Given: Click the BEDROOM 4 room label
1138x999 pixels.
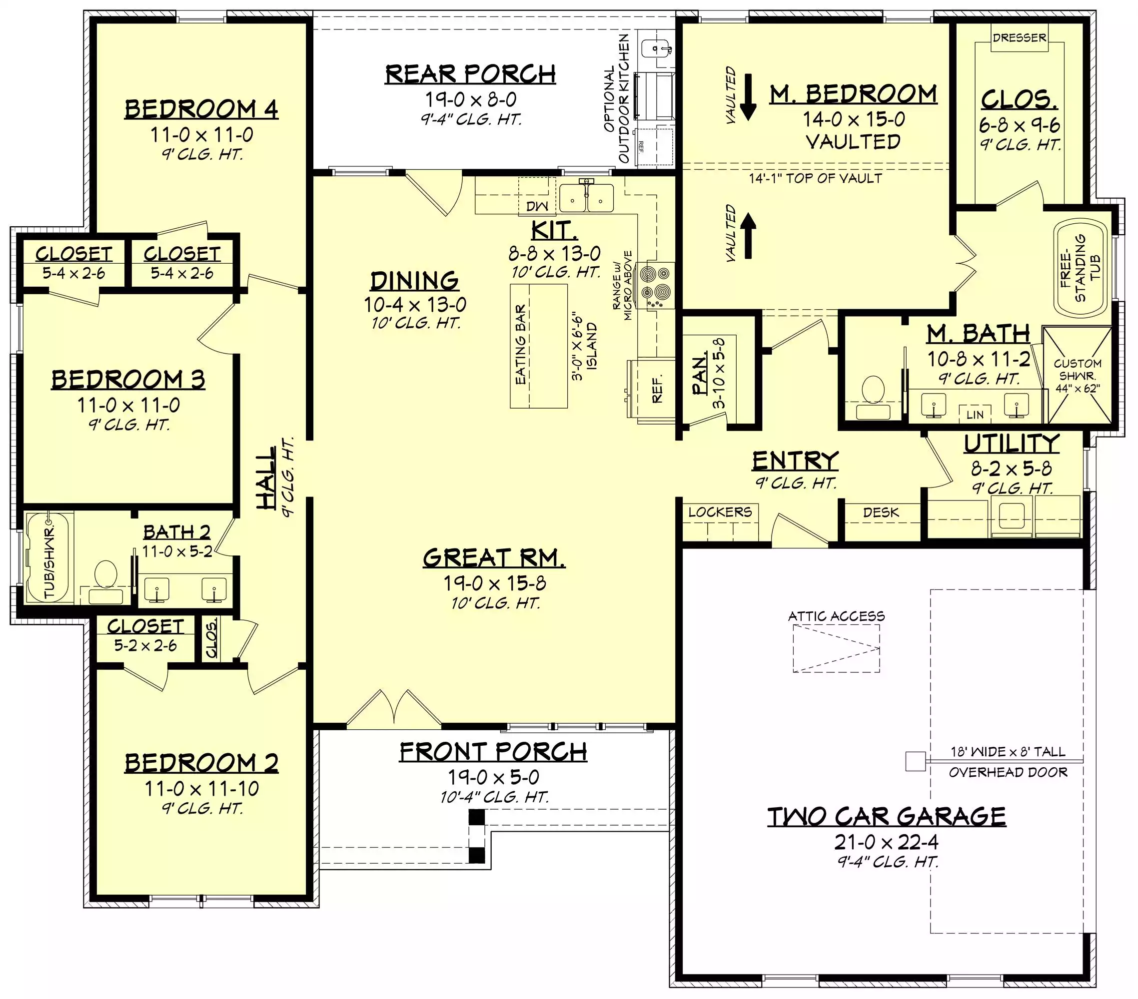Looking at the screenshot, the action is tap(201, 109).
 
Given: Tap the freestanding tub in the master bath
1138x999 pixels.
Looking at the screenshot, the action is tap(1080, 268).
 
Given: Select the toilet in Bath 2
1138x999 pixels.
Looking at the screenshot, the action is tap(106, 582).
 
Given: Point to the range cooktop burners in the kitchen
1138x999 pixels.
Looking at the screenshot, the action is tap(656, 285).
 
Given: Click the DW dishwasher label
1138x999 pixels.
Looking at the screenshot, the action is tap(537, 206).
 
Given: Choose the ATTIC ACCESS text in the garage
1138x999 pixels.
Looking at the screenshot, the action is tap(836, 616).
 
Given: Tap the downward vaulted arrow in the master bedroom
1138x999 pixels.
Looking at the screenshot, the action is tap(748, 97).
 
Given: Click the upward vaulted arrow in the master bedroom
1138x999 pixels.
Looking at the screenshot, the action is tap(748, 236).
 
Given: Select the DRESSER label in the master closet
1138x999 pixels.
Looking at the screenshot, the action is tap(1020, 38).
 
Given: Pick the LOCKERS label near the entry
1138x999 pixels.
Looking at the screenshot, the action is tap(720, 512).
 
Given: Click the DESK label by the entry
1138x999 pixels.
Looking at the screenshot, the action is tap(881, 512).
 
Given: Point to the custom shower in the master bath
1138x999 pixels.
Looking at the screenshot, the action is tap(1078, 375).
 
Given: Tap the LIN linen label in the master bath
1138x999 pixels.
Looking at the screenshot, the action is tap(975, 415).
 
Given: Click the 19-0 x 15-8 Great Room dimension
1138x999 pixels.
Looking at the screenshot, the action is tap(494, 583).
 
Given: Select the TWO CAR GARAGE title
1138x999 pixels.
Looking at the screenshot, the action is tap(886, 817).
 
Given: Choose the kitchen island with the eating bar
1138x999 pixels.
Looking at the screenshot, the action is tap(539, 346).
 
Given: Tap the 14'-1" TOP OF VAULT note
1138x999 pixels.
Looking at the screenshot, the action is tap(815, 178).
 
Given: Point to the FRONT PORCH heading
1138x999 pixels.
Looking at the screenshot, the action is tap(493, 752).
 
